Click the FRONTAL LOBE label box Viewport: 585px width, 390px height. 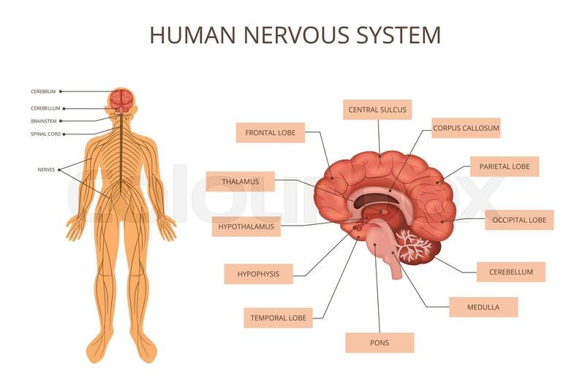pyautogui.click(x=271, y=133)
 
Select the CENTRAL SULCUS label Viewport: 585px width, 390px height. pyautogui.click(x=377, y=110)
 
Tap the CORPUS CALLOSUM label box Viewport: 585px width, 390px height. pyautogui.click(x=466, y=128)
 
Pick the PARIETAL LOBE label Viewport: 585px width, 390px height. pyautogui.click(x=505, y=167)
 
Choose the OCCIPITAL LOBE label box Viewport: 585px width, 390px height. pyautogui.click(x=519, y=220)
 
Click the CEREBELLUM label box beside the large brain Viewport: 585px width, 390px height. pyautogui.click(x=511, y=272)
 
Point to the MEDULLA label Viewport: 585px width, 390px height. pyautogui.click(x=483, y=307)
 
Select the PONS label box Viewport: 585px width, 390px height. pyautogui.click(x=380, y=343)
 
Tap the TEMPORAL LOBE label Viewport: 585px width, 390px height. pyautogui.click(x=279, y=318)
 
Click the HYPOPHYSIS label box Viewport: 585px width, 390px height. pyautogui.click(x=259, y=274)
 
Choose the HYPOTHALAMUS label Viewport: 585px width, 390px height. pyautogui.click(x=246, y=226)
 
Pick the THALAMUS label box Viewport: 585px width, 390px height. pyautogui.click(x=241, y=182)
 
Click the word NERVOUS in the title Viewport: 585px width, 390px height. pyautogui.click(x=297, y=35)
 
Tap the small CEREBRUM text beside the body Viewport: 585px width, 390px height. pyautogui.click(x=43, y=91)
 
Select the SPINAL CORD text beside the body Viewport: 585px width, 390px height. pyautogui.click(x=46, y=134)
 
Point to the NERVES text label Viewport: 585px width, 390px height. pyautogui.click(x=46, y=170)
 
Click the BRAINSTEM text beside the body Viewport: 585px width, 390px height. pyautogui.click(x=44, y=121)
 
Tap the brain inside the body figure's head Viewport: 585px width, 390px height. pyautogui.click(x=121, y=101)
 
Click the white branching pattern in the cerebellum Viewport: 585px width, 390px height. pyautogui.click(x=413, y=245)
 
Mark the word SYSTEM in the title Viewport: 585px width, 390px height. pyautogui.click(x=399, y=35)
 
